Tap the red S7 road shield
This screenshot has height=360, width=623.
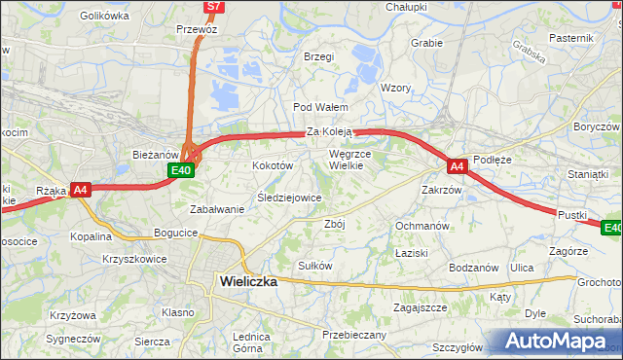pyautogui.click(x=214, y=7)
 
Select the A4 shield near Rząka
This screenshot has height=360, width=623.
pyautogui.click(x=80, y=191)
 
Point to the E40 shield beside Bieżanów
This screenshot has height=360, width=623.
pyautogui.click(x=180, y=170)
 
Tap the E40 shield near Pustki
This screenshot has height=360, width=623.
pyautogui.click(x=611, y=228)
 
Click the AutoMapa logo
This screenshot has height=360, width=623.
pyautogui.click(x=557, y=341)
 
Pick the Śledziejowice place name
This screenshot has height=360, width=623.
pyautogui.click(x=289, y=198)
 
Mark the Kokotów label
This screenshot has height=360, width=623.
pyautogui.click(x=274, y=166)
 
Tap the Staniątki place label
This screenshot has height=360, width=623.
pyautogui.click(x=587, y=173)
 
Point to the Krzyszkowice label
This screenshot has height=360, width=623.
pyautogui.click(x=134, y=260)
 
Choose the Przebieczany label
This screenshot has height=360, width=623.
pyautogui.click(x=354, y=335)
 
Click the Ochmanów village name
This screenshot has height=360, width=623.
pyautogui.click(x=421, y=226)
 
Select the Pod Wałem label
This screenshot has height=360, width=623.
pyautogui.click(x=314, y=107)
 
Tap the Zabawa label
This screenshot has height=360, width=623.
pyautogui.click(x=217, y=209)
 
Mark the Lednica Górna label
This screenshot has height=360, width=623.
pyautogui.click(x=250, y=342)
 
